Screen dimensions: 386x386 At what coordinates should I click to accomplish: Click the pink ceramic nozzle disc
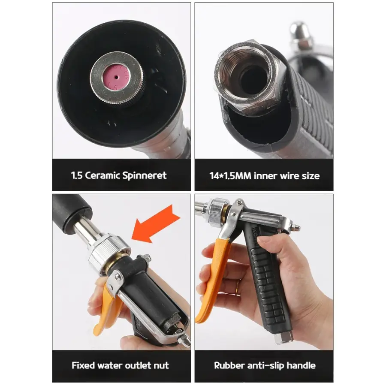(116, 78)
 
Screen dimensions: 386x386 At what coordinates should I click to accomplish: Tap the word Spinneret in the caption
(144, 175)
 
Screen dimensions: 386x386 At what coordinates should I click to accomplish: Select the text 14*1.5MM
(230, 176)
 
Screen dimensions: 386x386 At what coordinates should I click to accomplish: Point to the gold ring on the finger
(238, 287)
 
